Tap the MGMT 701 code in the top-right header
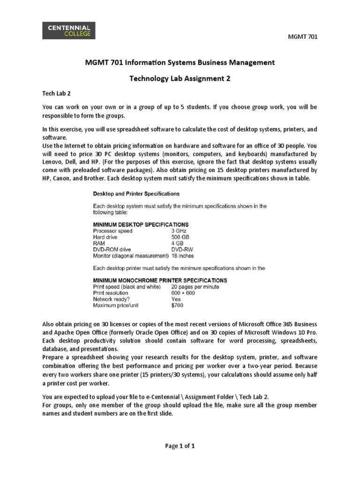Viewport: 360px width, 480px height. pos(304,37)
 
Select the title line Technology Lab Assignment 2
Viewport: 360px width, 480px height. pos(180,79)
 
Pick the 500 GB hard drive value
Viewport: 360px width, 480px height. pos(180,237)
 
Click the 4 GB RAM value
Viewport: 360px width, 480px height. pos(178,243)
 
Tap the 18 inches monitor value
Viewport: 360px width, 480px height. pos(182,256)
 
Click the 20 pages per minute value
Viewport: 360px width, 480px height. pos(195,286)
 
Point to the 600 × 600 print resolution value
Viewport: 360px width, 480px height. pos(183,293)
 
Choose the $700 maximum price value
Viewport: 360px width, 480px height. pos(177,306)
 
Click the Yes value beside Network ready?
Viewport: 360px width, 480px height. pos(176,299)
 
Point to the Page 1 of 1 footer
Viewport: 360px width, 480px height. pos(180,446)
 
